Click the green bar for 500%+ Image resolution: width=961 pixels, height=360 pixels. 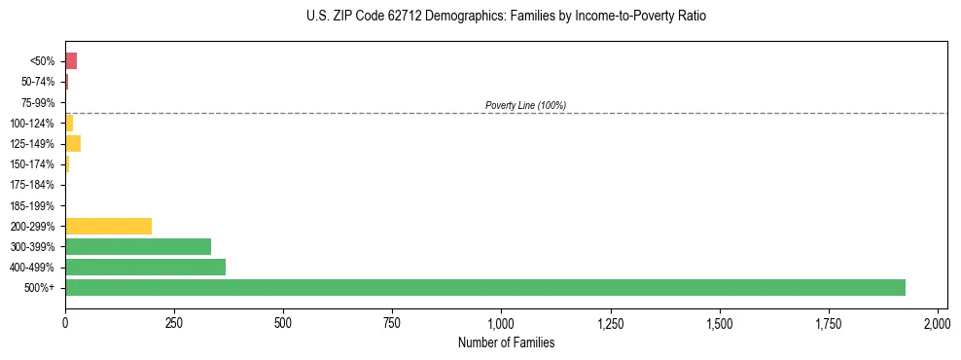click(x=484, y=287)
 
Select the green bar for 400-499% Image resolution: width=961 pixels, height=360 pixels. click(x=145, y=267)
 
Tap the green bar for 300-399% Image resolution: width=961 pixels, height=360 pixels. click(x=138, y=246)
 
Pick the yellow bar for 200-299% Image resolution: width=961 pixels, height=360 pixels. click(x=108, y=226)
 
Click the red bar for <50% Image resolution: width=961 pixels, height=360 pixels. click(x=71, y=61)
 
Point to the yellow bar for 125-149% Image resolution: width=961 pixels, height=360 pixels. click(x=73, y=144)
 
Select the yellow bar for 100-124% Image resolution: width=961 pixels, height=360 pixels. click(x=69, y=123)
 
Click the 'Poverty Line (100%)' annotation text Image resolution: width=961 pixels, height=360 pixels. click(x=525, y=105)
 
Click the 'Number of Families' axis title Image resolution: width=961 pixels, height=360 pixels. click(x=505, y=342)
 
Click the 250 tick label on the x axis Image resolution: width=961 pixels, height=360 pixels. click(x=174, y=322)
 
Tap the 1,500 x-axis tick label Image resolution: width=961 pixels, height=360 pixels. click(x=720, y=322)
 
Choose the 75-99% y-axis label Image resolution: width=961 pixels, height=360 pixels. click(x=38, y=102)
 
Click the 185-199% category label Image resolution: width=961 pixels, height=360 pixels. click(x=33, y=205)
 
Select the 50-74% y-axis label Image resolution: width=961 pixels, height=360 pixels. click(x=38, y=82)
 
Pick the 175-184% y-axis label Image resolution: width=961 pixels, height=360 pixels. click(x=33, y=185)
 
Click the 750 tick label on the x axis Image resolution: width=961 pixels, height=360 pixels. click(x=392, y=322)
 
